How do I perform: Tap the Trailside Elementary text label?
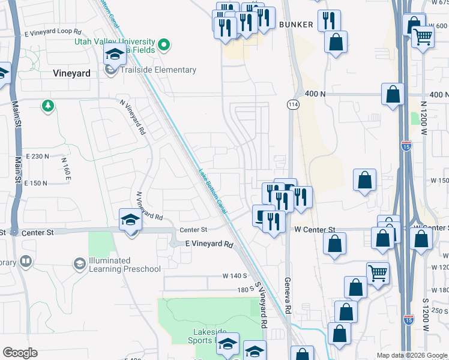coord(158,70)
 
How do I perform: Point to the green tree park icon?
coord(47,106)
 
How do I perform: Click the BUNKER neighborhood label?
coord(296,25)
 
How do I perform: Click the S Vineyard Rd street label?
coord(261,305)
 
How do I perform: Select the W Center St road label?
coord(314,230)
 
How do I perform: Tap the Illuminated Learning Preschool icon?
coord(79,264)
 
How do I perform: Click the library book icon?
coord(25,262)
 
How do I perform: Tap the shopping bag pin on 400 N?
coord(393,95)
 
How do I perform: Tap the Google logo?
coord(20,353)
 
